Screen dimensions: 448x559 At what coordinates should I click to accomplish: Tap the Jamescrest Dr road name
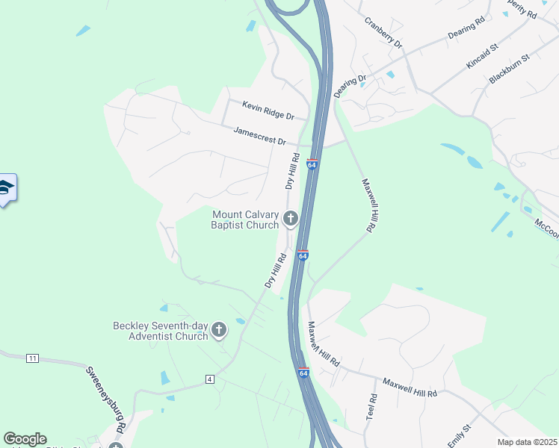(x=260, y=135)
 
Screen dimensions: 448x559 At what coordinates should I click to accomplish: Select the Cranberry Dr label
(x=383, y=34)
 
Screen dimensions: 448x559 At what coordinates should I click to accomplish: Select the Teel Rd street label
(x=371, y=407)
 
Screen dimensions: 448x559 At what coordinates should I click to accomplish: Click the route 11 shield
(x=31, y=358)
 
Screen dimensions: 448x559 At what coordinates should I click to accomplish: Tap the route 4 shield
(x=210, y=379)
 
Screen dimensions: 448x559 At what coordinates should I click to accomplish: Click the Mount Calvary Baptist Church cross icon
(x=290, y=220)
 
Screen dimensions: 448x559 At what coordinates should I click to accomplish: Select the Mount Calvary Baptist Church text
(x=244, y=220)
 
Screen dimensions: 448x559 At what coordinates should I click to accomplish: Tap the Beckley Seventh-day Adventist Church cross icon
(x=219, y=330)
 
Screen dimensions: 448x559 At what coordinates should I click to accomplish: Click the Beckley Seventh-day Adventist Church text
(x=160, y=330)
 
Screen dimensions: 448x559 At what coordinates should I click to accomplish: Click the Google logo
(x=25, y=438)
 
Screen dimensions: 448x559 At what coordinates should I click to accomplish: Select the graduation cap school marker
(x=6, y=188)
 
